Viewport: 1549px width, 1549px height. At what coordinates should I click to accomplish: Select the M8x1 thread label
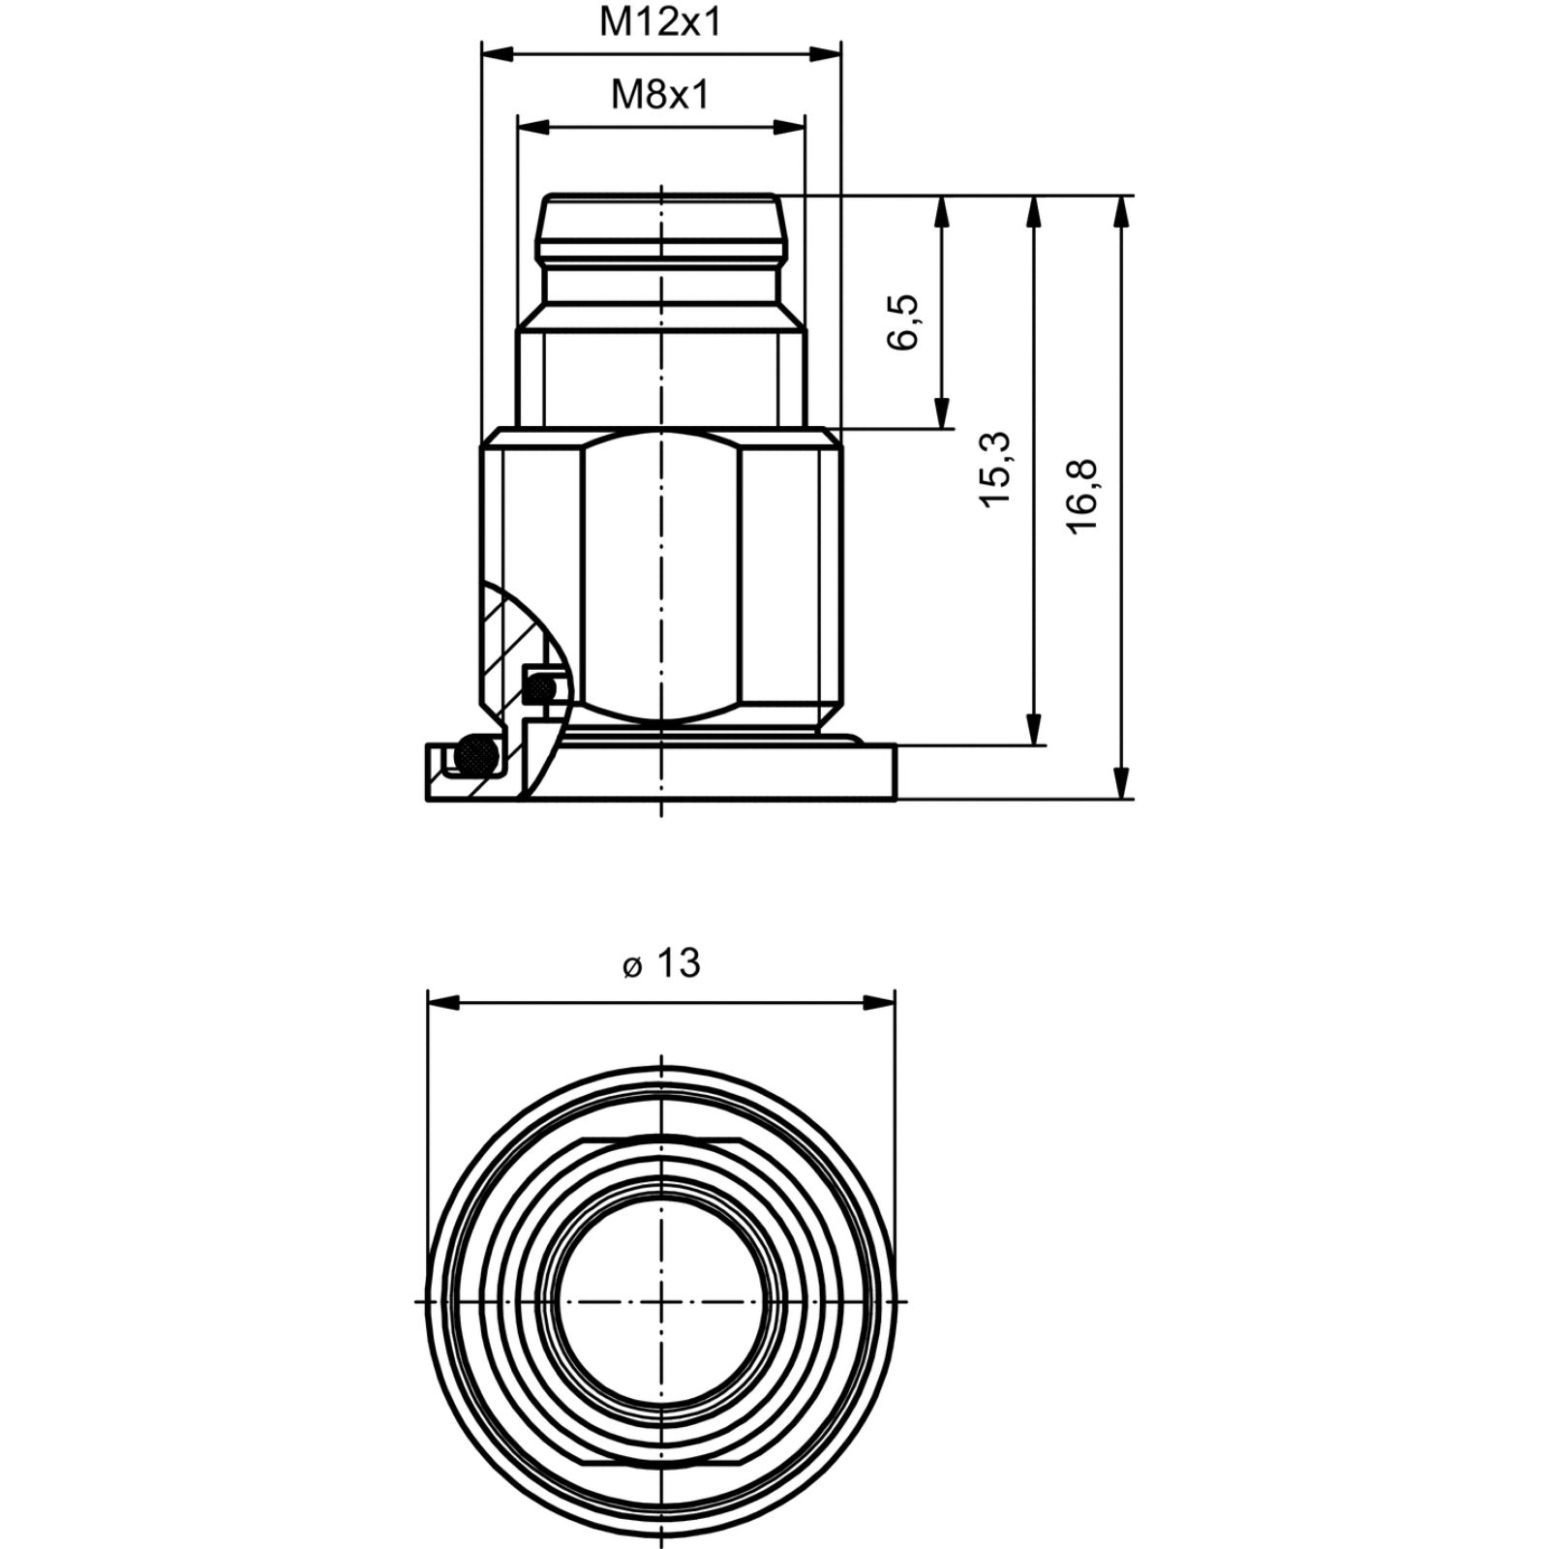point(660,95)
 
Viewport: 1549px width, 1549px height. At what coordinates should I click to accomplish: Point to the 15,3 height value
point(994,469)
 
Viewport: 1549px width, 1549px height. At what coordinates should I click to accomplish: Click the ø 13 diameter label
point(661,963)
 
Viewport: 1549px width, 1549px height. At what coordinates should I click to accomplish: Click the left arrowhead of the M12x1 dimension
point(498,54)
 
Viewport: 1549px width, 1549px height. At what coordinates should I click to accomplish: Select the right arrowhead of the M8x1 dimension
point(788,127)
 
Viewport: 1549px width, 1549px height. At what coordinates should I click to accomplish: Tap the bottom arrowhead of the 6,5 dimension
point(940,411)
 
